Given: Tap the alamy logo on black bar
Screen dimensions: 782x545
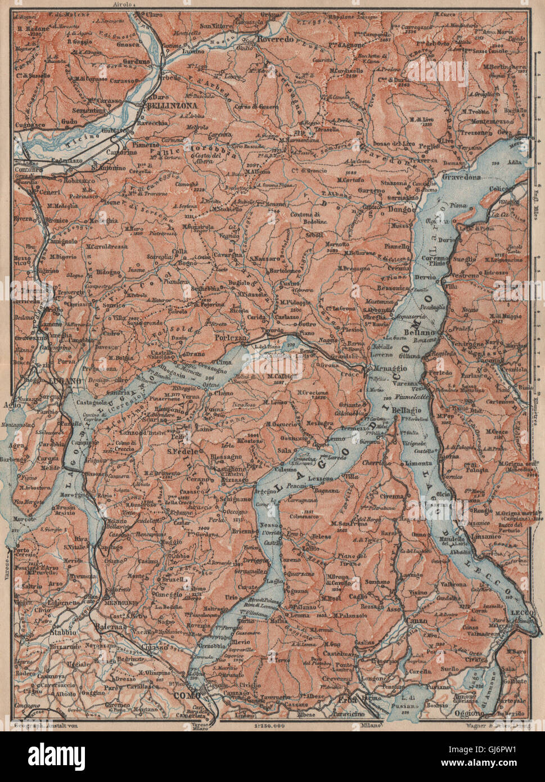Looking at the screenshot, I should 51,756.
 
